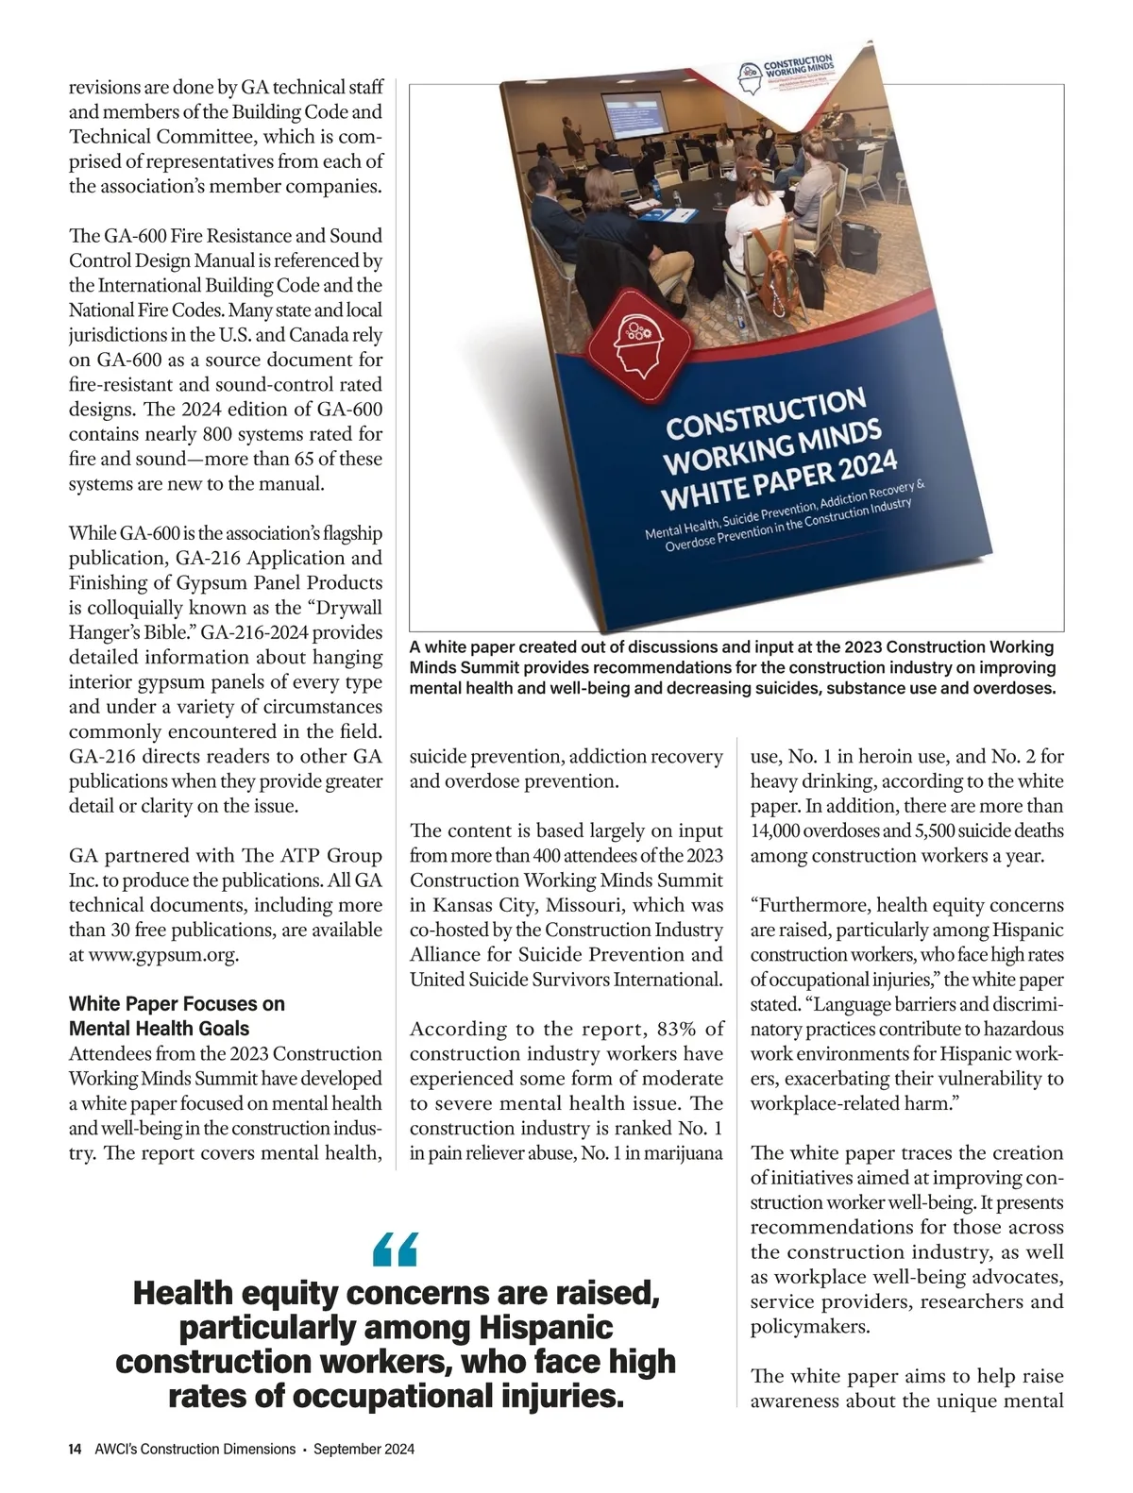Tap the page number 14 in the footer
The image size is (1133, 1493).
click(76, 1449)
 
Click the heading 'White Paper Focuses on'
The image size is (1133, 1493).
click(177, 1003)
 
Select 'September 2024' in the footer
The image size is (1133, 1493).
click(364, 1449)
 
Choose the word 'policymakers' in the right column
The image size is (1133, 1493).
click(808, 1327)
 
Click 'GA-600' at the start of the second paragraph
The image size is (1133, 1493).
click(131, 236)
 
